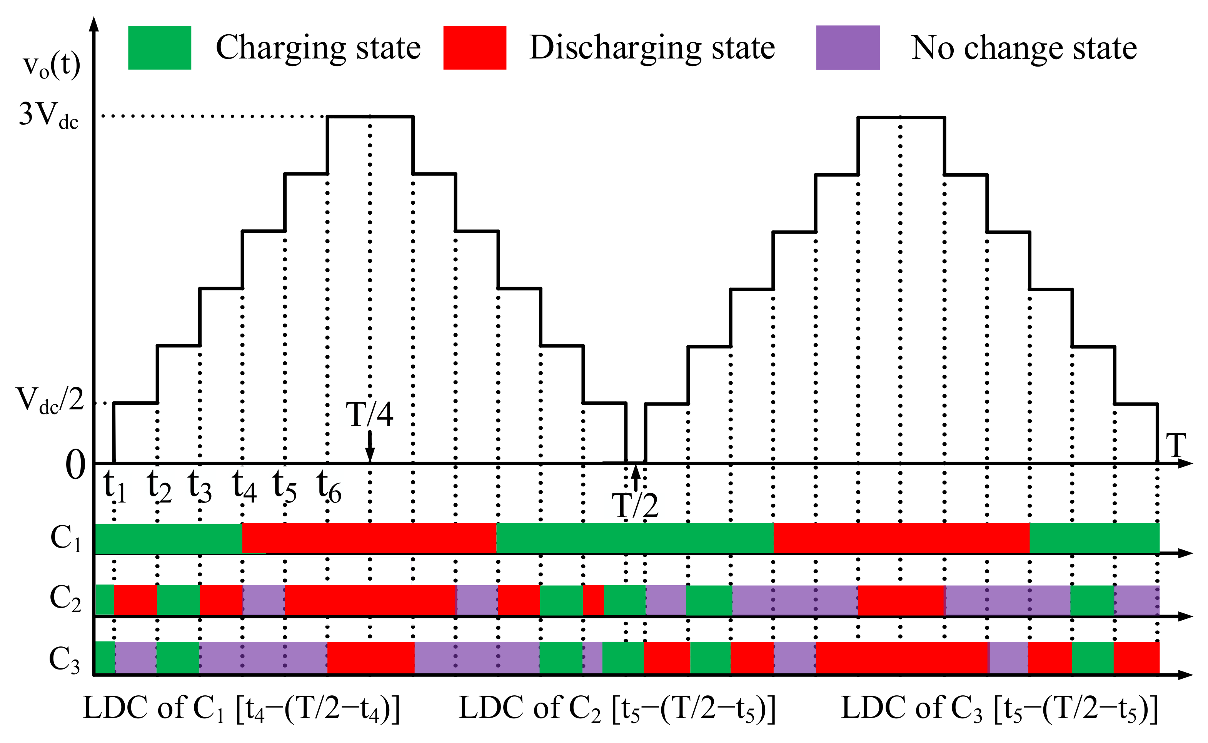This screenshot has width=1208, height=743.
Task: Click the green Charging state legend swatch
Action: coord(159,48)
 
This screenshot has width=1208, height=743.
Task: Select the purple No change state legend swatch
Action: coord(848,48)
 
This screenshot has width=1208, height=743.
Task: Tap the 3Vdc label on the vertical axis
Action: coord(48,115)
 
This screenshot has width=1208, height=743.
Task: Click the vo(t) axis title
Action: coord(52,66)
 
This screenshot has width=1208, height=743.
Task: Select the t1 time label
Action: coord(115,486)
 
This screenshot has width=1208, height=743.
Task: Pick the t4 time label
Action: coord(244,486)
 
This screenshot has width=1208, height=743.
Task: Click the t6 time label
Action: coord(329,486)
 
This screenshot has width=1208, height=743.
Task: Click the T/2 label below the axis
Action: coord(635,506)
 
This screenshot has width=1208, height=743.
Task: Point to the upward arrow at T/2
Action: coord(636,478)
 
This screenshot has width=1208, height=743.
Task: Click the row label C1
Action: coord(65,538)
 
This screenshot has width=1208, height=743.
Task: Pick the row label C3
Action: coord(64,659)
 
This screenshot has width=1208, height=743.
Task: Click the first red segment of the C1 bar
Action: coord(369,538)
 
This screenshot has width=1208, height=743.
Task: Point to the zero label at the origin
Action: coord(75,465)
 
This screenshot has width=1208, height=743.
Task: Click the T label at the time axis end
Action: coord(1176,446)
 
